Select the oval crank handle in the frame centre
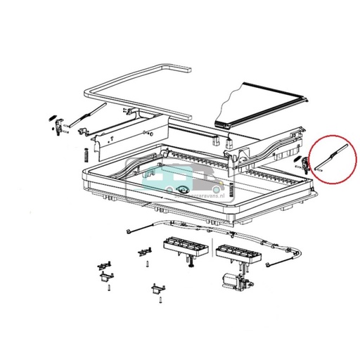184,191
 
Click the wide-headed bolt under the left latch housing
191,264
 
